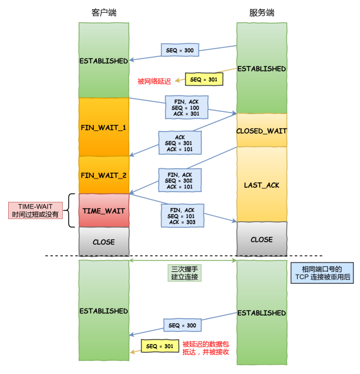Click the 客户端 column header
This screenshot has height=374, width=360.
tap(104, 13)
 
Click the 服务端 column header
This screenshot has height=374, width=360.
tap(261, 13)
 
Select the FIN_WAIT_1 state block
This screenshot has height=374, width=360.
tap(104, 127)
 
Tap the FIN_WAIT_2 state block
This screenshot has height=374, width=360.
tap(104, 175)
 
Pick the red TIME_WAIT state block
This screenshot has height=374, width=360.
tap(104, 210)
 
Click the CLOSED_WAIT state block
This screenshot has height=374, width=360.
tap(261, 131)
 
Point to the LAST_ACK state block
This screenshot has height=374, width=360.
tap(261, 185)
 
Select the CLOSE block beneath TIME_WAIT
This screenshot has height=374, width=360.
tap(104, 242)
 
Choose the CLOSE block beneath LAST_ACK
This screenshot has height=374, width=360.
tap(261, 239)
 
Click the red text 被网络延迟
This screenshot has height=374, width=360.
tap(154, 81)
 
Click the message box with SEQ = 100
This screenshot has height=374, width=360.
tap(186, 107)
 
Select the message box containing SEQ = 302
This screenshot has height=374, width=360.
tap(180, 180)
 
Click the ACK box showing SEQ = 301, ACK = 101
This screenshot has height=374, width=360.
tap(180, 143)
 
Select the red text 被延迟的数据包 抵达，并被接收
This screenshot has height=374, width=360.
tap(205, 348)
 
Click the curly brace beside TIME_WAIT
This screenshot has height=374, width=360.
tap(70, 210)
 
